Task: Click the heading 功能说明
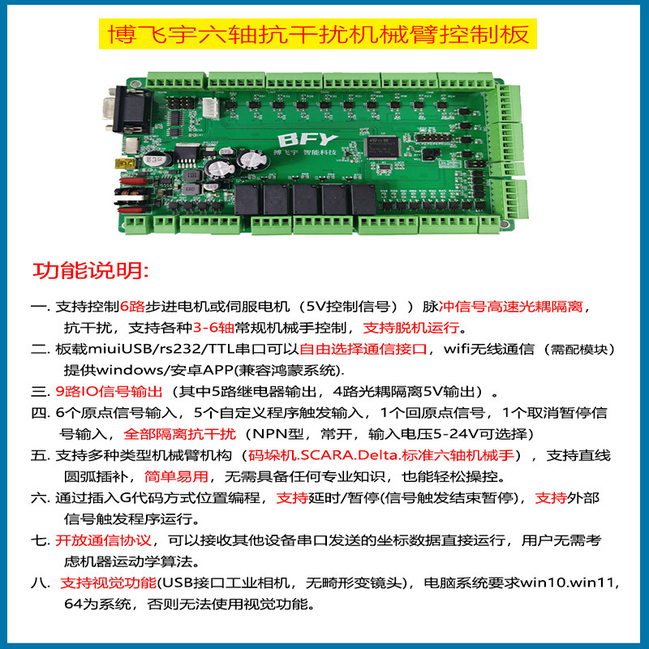pos(89,269)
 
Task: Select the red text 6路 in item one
pos(131,307)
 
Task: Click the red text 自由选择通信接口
pos(363,350)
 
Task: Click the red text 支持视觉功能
pos(109,583)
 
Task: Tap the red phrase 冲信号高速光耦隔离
pos(511,307)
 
